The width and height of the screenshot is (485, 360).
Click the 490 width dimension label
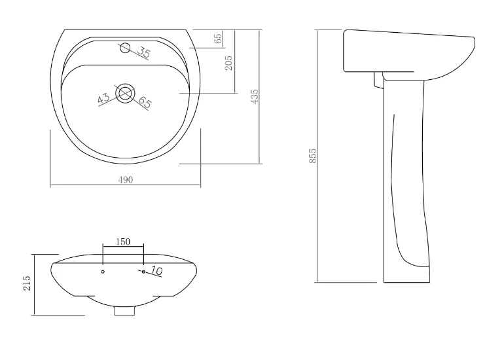click(x=126, y=180)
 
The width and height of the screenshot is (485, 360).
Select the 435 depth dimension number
click(x=254, y=96)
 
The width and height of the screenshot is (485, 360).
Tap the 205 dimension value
click(x=228, y=63)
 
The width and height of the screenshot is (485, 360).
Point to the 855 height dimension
click(x=313, y=156)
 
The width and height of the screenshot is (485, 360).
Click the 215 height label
click(x=27, y=283)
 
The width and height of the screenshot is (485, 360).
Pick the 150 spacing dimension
click(x=123, y=242)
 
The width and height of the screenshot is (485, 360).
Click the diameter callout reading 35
click(x=144, y=52)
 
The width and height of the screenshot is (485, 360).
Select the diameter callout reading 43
click(x=103, y=99)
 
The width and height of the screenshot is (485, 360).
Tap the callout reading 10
click(x=156, y=271)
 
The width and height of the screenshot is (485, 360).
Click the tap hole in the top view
click(x=125, y=48)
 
